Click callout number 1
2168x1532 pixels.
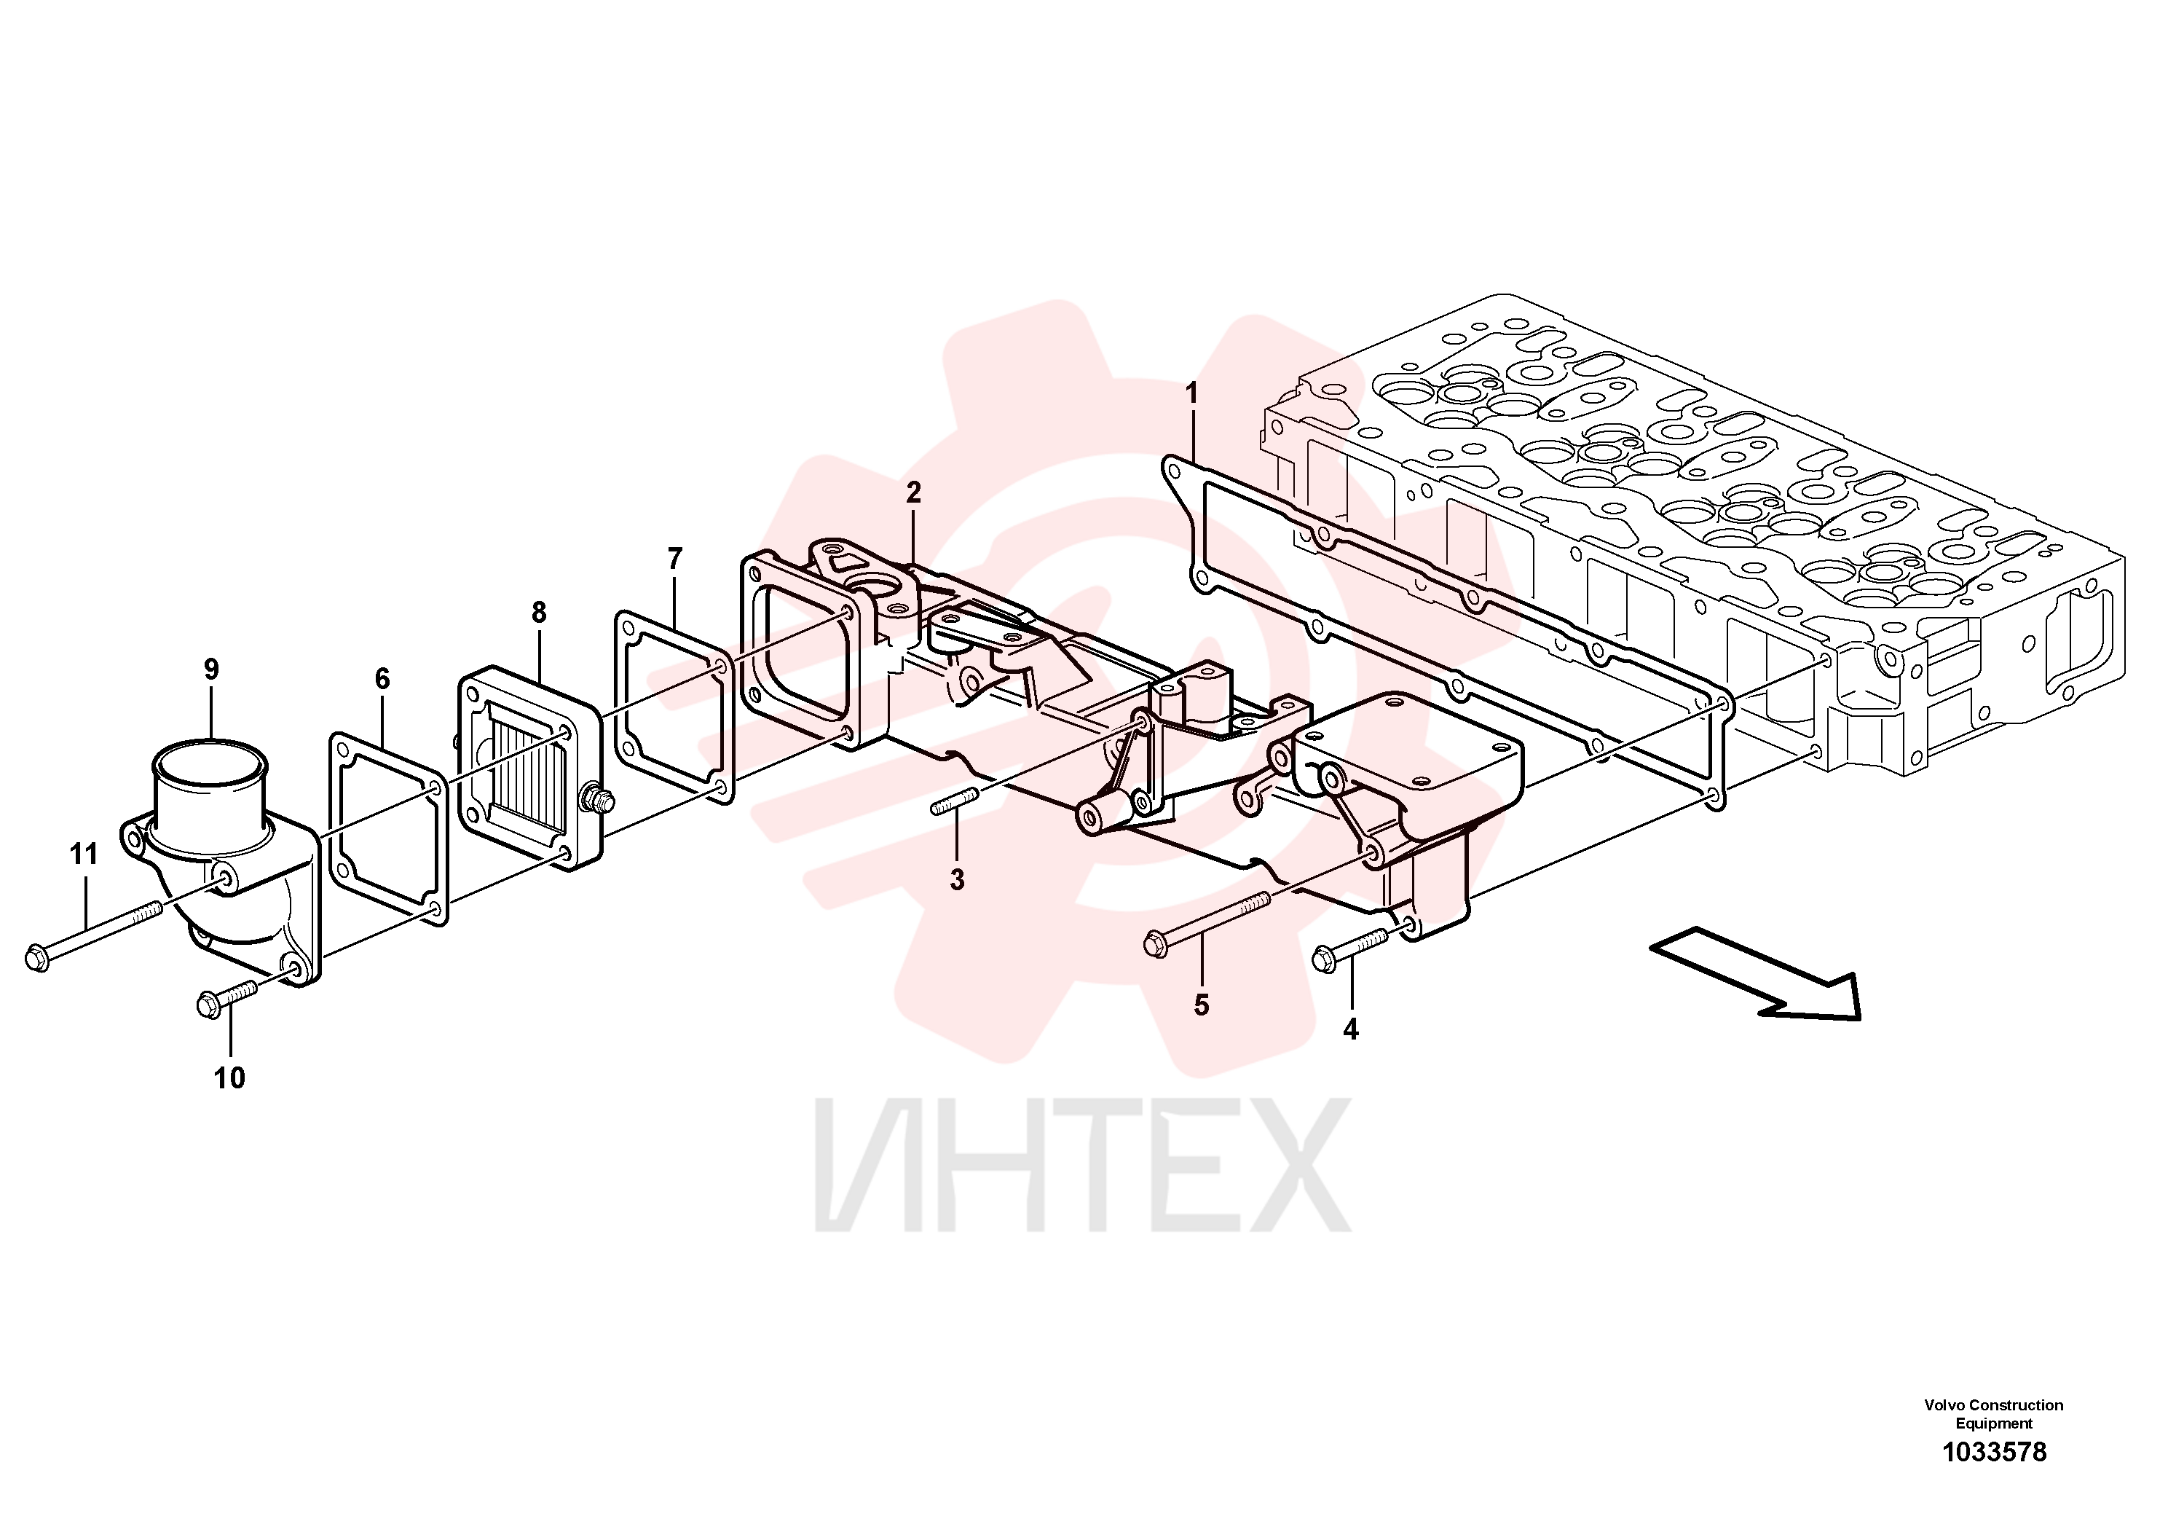[x=1191, y=393]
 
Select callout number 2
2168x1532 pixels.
[x=913, y=492]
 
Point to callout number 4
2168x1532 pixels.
[x=1350, y=1029]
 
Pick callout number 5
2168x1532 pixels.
[x=1201, y=1005]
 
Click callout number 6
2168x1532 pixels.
[x=382, y=678]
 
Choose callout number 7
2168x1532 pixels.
[x=674, y=559]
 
